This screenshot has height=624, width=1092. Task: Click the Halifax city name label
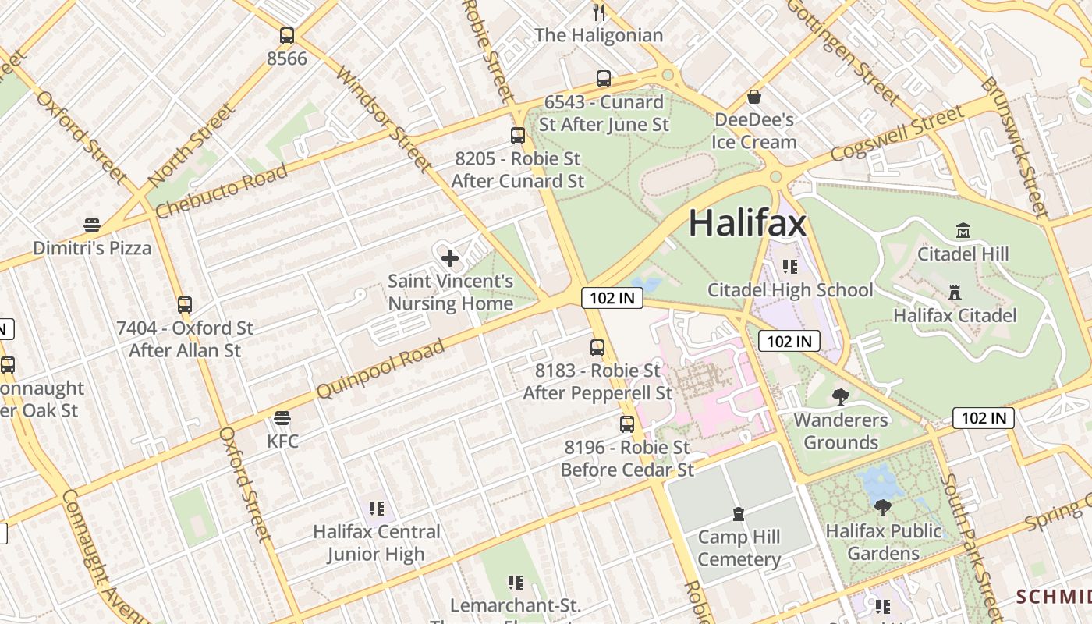click(746, 224)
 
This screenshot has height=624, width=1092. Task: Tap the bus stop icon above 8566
click(287, 35)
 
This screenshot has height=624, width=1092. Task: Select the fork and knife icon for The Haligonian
click(599, 12)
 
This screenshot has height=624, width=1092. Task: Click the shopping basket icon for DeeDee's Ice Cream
click(754, 97)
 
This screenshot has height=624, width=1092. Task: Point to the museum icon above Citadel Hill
click(963, 230)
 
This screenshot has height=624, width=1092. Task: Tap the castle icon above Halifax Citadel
click(954, 292)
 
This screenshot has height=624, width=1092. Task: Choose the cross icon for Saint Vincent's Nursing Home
click(450, 257)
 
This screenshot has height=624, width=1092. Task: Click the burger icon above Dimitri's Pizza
click(92, 225)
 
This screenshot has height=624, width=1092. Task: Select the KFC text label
click(282, 441)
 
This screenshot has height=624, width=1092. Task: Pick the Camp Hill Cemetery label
click(739, 548)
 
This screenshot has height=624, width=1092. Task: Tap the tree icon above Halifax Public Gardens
click(883, 508)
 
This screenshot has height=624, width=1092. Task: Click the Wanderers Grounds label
click(840, 431)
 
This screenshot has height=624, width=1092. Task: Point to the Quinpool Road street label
click(381, 369)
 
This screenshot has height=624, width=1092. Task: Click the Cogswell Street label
click(897, 133)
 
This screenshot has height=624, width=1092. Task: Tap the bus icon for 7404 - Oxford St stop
click(185, 305)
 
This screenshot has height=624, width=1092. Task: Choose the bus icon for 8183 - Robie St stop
click(597, 348)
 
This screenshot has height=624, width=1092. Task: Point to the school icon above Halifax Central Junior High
click(377, 509)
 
